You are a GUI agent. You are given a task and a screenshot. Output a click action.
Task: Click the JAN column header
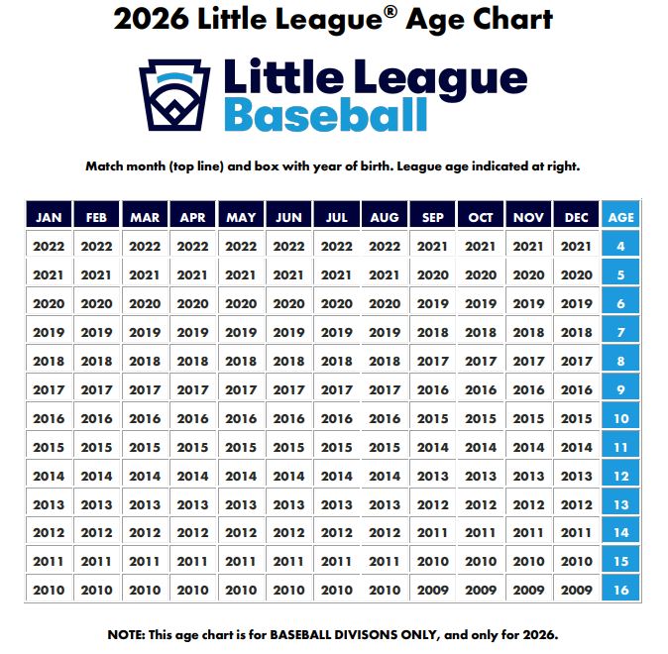(x=49, y=217)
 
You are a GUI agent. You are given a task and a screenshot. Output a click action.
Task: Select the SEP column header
(x=433, y=217)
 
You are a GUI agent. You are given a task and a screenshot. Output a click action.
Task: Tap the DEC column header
(x=577, y=217)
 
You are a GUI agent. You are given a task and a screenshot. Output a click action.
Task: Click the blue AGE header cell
(x=620, y=217)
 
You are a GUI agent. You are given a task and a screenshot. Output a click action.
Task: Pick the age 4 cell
(x=620, y=247)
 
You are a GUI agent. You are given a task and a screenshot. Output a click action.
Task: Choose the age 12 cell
(x=620, y=476)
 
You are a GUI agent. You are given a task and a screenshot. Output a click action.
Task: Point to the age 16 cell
(x=620, y=591)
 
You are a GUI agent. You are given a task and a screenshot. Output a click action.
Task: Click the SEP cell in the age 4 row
(x=433, y=247)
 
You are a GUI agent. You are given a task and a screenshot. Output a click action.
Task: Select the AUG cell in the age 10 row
(x=385, y=418)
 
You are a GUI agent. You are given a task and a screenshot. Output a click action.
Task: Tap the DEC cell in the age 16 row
(x=577, y=591)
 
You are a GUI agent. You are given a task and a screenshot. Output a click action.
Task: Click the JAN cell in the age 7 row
(x=49, y=333)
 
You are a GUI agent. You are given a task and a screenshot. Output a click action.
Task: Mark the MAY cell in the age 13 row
(x=241, y=504)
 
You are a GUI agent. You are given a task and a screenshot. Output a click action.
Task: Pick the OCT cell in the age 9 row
(x=481, y=389)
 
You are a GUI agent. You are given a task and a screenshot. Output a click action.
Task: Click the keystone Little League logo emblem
(x=176, y=95)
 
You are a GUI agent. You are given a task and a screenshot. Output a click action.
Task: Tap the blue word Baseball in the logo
(x=326, y=115)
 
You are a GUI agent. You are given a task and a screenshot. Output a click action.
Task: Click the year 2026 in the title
(x=153, y=19)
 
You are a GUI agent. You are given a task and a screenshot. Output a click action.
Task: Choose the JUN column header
(x=288, y=217)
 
